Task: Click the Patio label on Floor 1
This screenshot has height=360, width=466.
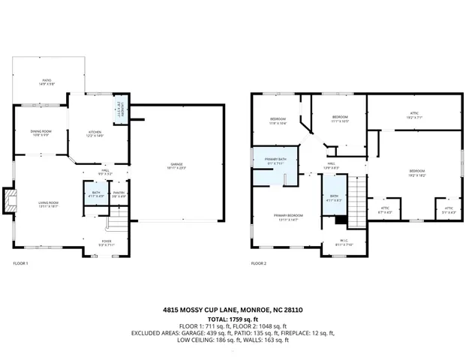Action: tap(47, 81)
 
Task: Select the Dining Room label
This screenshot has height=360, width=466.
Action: tap(40, 133)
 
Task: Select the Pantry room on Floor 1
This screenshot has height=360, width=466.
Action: tap(119, 194)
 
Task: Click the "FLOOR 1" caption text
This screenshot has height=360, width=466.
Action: tap(21, 263)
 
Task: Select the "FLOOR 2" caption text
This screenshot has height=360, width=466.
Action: tap(258, 263)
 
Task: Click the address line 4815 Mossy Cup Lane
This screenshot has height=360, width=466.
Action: tap(233, 309)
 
